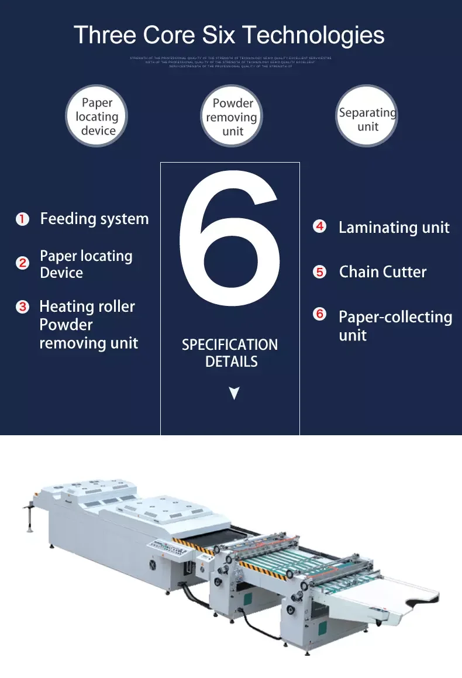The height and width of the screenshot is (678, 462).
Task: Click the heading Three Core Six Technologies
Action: click(x=229, y=35)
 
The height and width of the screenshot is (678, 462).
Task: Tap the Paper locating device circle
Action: click(x=96, y=116)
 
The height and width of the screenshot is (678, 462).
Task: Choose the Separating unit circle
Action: click(x=367, y=116)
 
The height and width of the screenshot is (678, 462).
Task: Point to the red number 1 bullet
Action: click(x=22, y=219)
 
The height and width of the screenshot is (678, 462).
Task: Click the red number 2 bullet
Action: click(x=22, y=263)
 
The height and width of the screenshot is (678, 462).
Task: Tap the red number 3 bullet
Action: click(x=22, y=307)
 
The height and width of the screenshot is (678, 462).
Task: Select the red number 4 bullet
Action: click(x=319, y=226)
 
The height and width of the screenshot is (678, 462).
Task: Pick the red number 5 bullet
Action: click(x=319, y=271)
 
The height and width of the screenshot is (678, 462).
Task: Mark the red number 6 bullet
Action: click(x=319, y=314)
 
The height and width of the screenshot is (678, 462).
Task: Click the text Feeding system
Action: click(x=94, y=219)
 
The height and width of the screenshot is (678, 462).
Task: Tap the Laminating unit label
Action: click(x=394, y=228)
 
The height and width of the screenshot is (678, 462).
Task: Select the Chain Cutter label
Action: click(x=382, y=272)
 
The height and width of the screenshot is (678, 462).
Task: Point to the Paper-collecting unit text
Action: click(x=395, y=326)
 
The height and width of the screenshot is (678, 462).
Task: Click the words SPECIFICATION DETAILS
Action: click(x=230, y=353)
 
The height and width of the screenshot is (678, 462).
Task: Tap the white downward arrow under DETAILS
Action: click(x=234, y=393)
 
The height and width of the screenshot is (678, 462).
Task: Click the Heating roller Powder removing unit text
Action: click(x=88, y=325)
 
